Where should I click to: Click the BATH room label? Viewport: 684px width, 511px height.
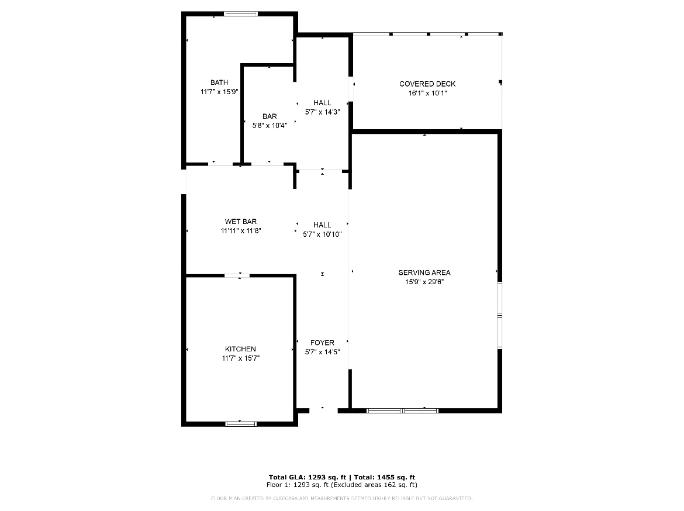pos(219,82)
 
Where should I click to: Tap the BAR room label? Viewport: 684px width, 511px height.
pos(270,116)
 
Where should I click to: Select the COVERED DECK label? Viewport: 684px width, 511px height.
pos(427,84)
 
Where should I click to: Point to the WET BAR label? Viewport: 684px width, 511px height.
pos(241,222)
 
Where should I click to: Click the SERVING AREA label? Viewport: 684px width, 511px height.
pos(424,272)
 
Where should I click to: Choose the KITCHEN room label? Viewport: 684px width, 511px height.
pos(240,349)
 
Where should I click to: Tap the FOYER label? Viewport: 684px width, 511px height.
pos(322,343)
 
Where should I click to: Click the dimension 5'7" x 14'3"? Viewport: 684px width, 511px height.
pos(322,112)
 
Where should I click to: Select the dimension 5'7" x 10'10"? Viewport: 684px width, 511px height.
pos(322,234)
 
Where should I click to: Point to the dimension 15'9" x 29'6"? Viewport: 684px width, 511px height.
pos(424,282)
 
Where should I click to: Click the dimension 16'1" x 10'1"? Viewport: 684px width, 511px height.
pos(427,93)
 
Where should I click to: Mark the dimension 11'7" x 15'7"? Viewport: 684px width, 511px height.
pos(240,358)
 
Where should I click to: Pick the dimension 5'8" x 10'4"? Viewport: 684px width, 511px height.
pos(270,125)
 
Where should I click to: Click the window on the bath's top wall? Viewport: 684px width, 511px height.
pos(241,13)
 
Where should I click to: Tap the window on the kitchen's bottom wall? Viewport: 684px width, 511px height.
pos(241,423)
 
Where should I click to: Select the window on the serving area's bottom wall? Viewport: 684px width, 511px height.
pos(402,410)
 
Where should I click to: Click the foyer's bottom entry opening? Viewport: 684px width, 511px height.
pos(323,410)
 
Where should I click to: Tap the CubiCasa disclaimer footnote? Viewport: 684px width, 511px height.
pos(341,498)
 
